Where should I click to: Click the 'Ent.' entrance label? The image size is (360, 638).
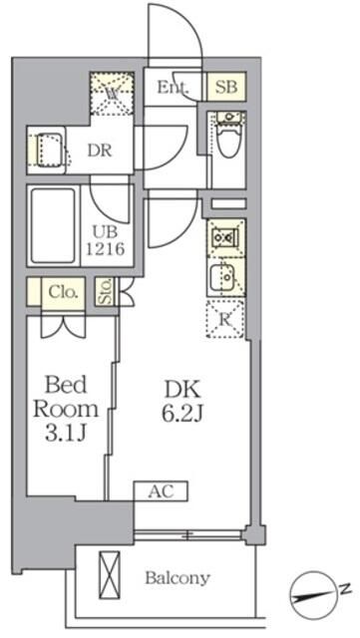pos(174,88)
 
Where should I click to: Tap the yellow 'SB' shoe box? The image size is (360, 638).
pos(224,88)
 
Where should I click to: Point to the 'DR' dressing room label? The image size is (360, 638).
pos(97,152)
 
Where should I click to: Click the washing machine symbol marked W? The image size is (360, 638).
pos(112,94)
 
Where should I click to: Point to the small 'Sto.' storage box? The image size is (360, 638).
pos(104,293)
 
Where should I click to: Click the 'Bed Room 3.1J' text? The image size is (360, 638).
pos(67,408)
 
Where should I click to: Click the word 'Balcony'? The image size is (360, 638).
pos(178,578)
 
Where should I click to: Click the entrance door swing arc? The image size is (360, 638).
pos(176,35)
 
